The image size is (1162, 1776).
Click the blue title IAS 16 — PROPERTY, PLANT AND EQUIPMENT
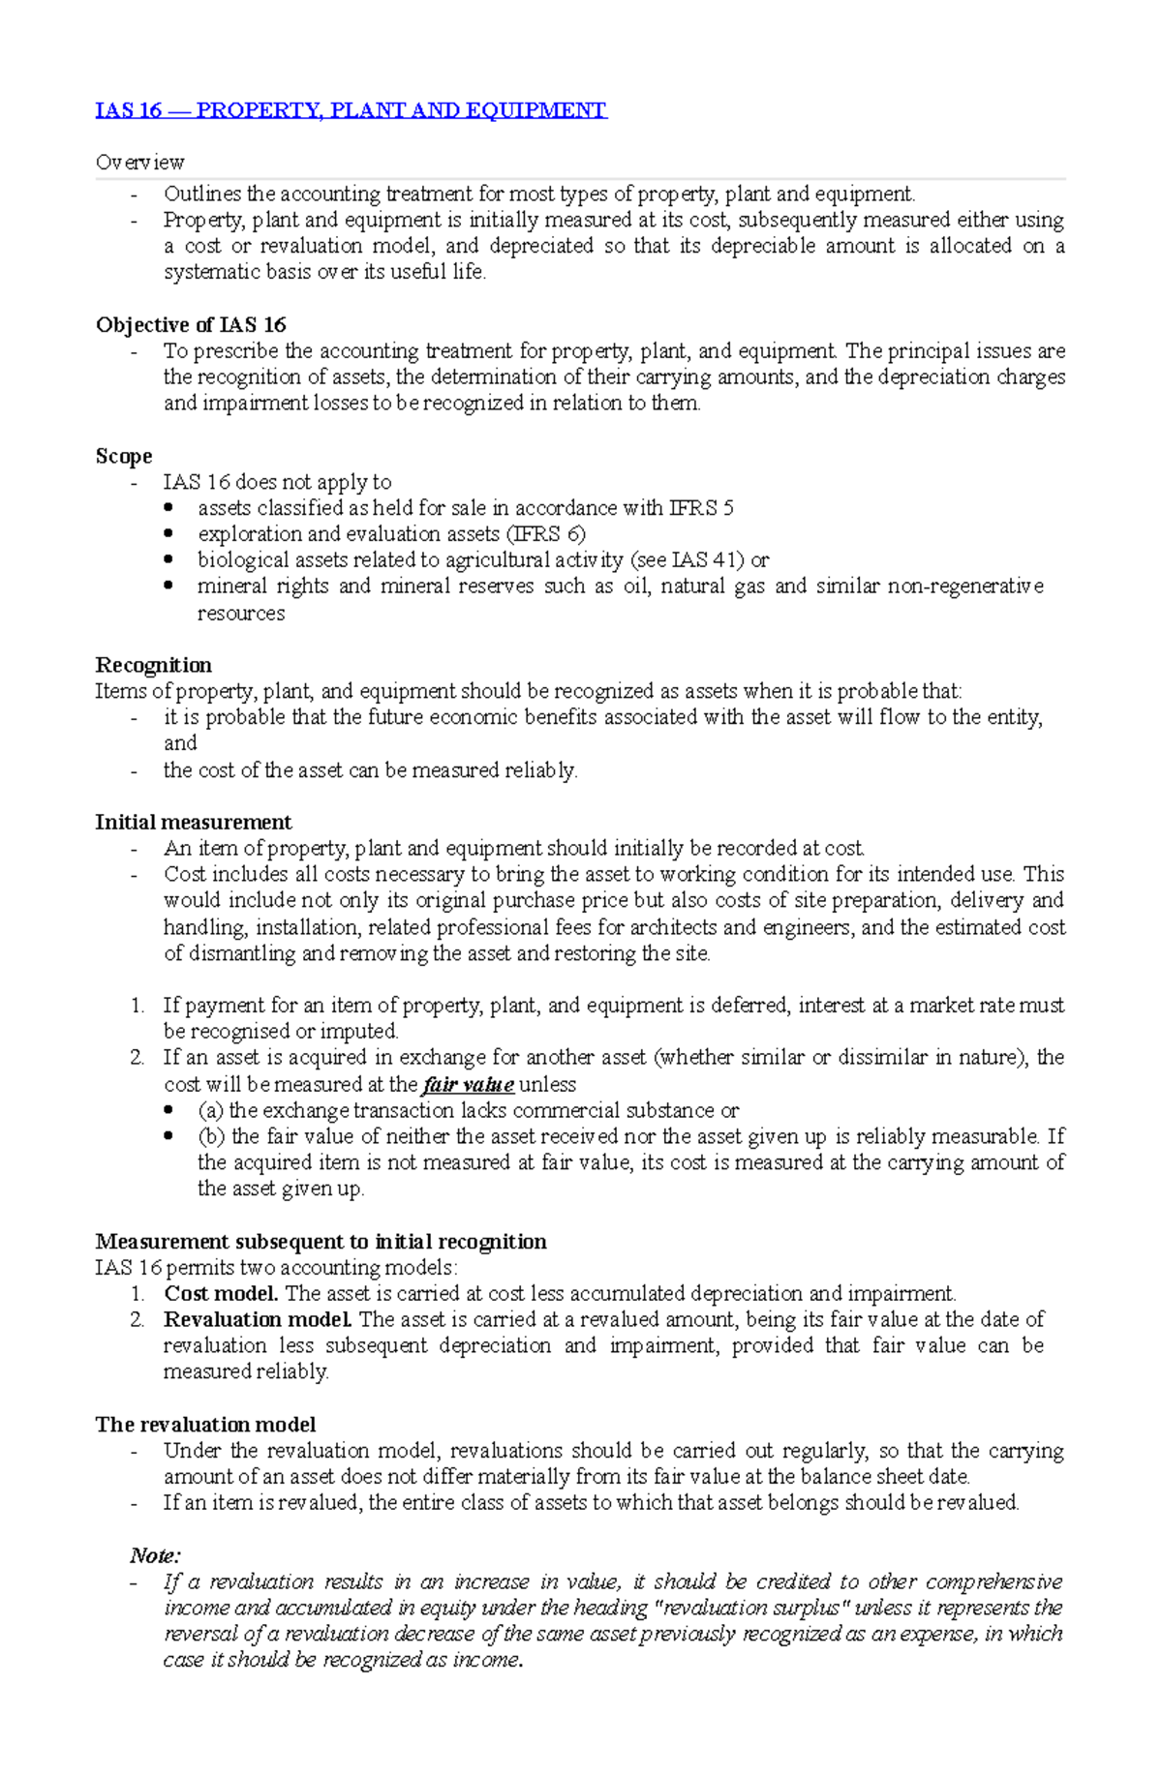(x=351, y=110)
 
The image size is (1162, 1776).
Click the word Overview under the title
(x=139, y=163)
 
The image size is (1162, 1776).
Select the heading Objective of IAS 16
(x=191, y=325)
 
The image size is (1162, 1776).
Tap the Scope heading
(x=124, y=456)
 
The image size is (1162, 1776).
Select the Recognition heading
(x=153, y=665)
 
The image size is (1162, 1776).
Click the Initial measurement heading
(x=193, y=823)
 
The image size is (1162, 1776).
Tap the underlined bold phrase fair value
(x=469, y=1085)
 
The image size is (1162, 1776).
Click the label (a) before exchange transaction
(x=210, y=1111)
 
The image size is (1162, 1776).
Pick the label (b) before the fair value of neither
(x=211, y=1137)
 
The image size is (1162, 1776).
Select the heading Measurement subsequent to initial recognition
(x=321, y=1242)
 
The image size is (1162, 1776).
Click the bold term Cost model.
(x=222, y=1294)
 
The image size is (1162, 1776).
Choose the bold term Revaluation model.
(x=258, y=1320)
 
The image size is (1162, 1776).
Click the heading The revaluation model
(x=205, y=1425)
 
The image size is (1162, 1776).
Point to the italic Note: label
(x=155, y=1555)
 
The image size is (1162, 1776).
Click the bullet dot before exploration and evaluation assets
(x=169, y=533)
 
